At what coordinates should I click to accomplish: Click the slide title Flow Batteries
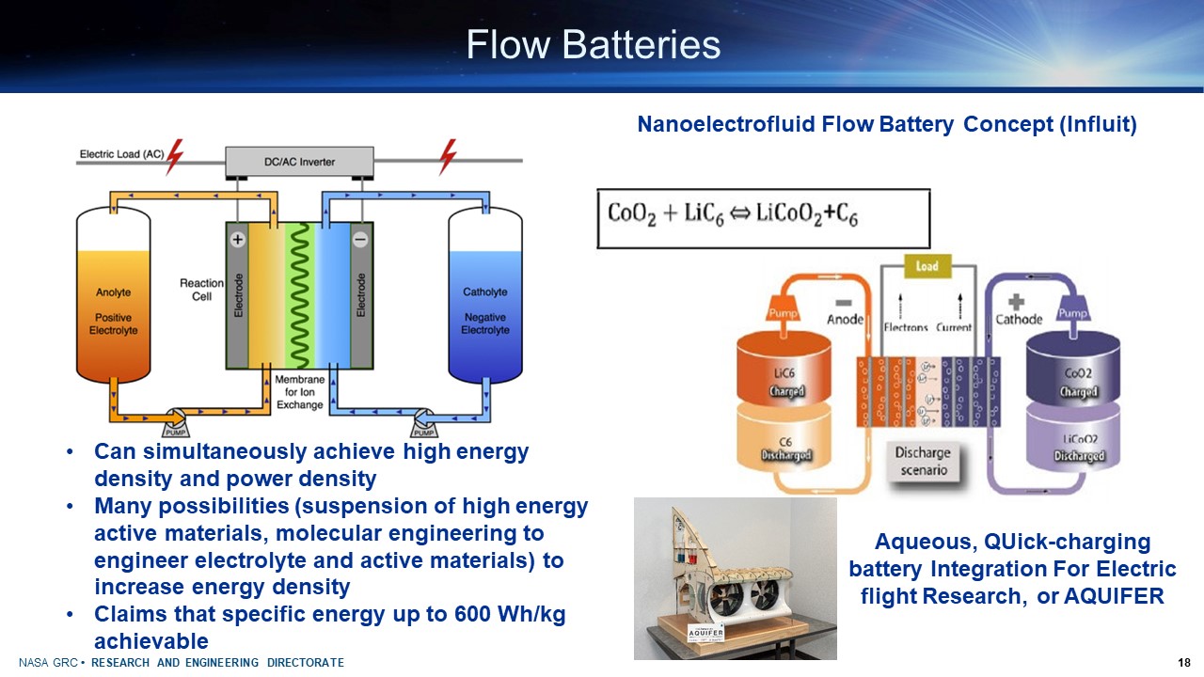(593, 44)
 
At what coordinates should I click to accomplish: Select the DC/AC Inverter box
(299, 162)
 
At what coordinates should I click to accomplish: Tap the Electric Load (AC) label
(121, 154)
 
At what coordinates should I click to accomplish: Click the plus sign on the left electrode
(238, 241)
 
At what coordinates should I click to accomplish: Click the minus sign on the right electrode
(360, 241)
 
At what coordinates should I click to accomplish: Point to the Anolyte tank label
(113, 292)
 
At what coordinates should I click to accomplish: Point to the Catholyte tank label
(485, 292)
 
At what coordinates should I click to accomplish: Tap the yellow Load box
(928, 266)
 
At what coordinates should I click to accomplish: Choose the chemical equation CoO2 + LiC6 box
(763, 218)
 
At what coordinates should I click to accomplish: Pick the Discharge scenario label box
(923, 461)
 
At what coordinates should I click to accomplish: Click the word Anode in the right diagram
(844, 319)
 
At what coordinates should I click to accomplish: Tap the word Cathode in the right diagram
(1020, 319)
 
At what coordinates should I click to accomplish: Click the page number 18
(1184, 663)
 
